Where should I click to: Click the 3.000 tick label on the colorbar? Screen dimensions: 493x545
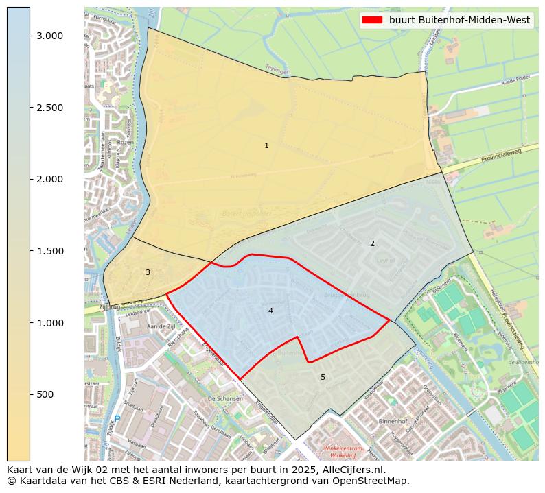[50, 36]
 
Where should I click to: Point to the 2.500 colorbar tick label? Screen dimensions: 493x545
[50, 108]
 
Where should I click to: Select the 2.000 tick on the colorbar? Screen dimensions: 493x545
[50, 179]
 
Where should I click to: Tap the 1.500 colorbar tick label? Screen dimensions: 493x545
[50, 251]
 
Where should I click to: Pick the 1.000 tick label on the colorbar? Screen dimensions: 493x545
[50, 323]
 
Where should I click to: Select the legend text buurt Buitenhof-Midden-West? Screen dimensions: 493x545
[459, 21]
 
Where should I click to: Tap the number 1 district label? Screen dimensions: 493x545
[266, 145]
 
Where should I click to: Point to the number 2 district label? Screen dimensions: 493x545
[372, 243]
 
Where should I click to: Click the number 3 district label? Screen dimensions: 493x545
[148, 272]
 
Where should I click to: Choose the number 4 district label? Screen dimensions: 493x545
[270, 311]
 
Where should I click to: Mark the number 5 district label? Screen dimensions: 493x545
[323, 377]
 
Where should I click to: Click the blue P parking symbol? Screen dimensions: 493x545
[117, 418]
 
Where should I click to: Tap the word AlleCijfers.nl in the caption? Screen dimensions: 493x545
[351, 470]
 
